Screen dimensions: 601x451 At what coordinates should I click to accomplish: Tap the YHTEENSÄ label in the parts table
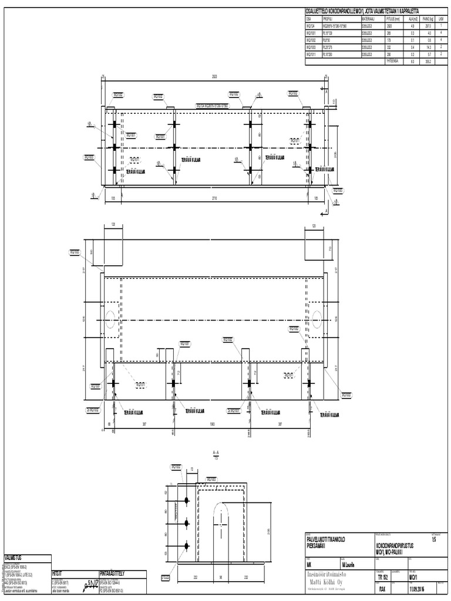click(392, 61)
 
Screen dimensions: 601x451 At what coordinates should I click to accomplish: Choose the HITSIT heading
click(58, 572)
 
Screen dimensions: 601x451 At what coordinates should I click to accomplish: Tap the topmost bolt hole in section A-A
click(187, 500)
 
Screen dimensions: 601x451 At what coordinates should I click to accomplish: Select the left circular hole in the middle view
click(109, 318)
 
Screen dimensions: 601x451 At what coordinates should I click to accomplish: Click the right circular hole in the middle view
click(317, 318)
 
